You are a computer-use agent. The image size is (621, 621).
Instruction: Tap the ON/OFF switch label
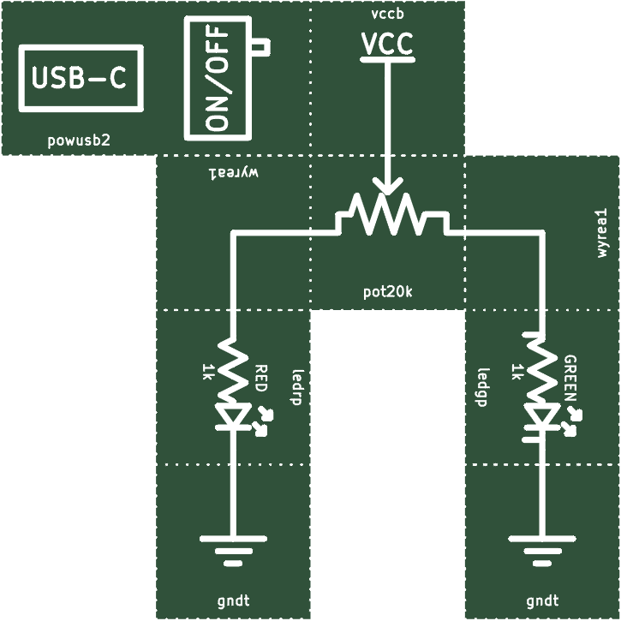coord(217,78)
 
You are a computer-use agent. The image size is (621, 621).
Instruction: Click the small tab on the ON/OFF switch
coord(261,47)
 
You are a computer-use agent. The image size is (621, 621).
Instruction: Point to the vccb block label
coord(387,14)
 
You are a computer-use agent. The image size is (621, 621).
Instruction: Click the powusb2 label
coord(79,140)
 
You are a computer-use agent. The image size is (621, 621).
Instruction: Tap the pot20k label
coord(387,292)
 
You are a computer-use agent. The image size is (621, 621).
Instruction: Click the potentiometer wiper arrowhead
coord(387,186)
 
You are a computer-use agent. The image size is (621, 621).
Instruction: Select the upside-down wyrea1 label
coord(233,173)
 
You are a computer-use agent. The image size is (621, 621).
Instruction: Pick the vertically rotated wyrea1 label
coord(601,233)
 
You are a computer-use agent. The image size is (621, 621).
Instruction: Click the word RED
coord(261,379)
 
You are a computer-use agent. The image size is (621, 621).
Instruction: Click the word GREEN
coord(570,379)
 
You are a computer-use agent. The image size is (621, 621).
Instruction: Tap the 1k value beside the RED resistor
coord(207,373)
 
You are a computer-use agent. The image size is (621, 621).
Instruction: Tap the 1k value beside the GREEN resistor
coord(517,373)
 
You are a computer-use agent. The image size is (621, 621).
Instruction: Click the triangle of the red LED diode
coord(234,415)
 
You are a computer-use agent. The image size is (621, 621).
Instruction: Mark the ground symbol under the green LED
coord(542,550)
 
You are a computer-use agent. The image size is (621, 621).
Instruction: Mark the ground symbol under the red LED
coord(233,550)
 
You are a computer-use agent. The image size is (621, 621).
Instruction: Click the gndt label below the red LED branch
coord(233,600)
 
